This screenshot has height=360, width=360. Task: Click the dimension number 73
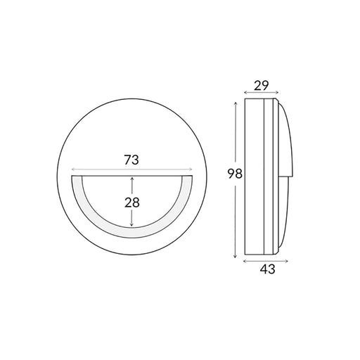point(131,160)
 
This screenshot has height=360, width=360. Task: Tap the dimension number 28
point(132,202)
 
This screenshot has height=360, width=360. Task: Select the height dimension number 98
point(235,174)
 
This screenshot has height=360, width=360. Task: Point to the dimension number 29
point(262,86)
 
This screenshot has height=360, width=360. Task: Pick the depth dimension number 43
point(267,269)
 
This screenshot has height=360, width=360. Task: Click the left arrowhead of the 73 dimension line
point(73,169)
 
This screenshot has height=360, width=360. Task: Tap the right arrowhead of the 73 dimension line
point(191,169)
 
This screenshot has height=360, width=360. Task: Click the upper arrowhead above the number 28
point(132,179)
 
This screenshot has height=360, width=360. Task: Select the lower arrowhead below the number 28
point(132,225)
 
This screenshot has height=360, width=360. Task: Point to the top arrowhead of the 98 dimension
point(236,103)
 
